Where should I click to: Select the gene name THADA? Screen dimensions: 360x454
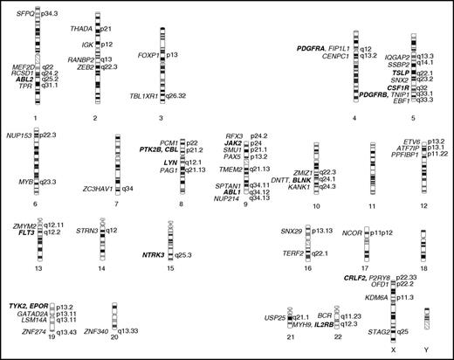point(81,29)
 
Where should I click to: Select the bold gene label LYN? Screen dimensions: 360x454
point(170,163)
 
